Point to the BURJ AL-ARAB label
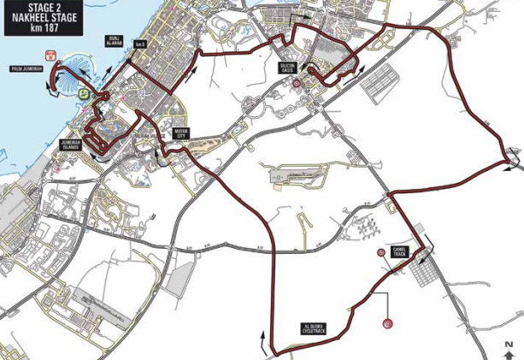(115, 42)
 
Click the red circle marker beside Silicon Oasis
(296, 84)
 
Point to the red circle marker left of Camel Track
(380, 252)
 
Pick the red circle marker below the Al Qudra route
(387, 323)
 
